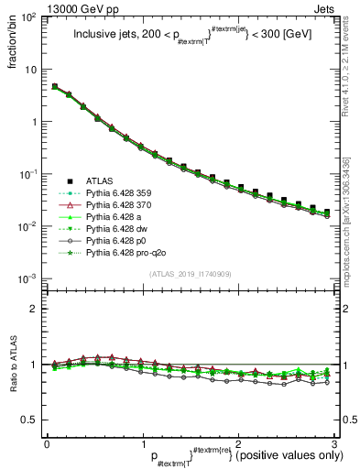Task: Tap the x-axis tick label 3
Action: pos(335,442)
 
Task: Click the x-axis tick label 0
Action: pos(47,442)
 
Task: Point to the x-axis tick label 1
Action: pos(143,442)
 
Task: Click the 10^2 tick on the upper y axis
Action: pos(27,18)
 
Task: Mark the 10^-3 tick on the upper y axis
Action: pos(27,278)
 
